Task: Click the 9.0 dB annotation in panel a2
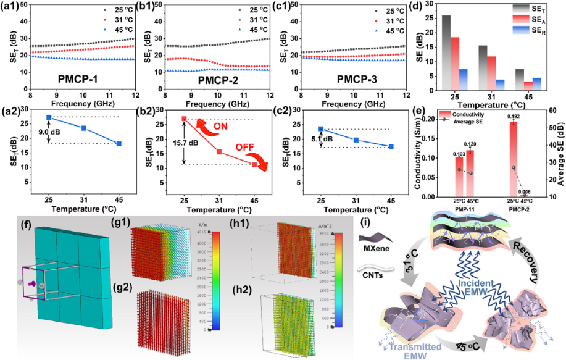(35, 131)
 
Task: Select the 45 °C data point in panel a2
(119, 144)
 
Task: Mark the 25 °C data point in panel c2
(320, 128)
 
